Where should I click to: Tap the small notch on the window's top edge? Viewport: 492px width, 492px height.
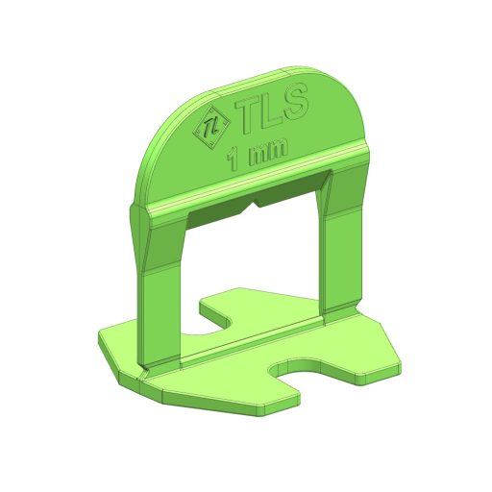pos(254,204)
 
